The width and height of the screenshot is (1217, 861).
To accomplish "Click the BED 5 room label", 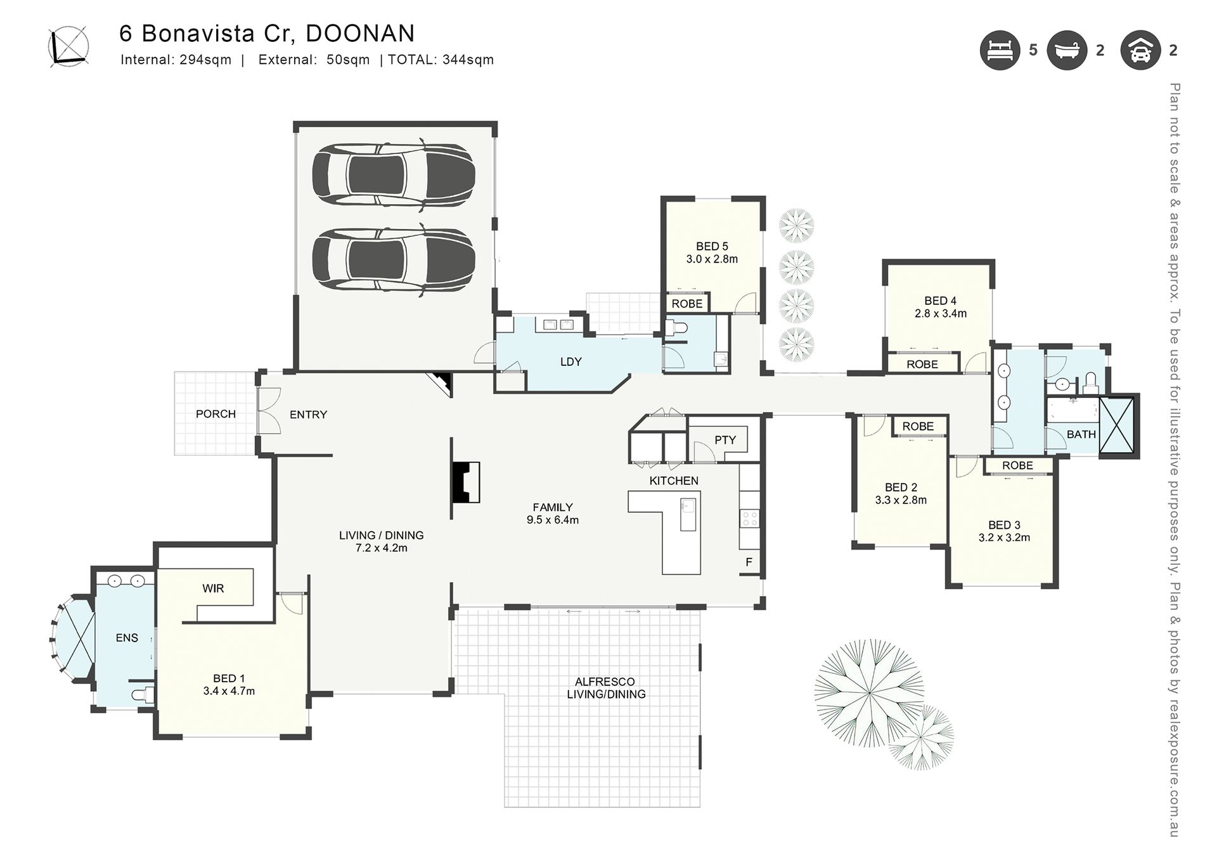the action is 712,246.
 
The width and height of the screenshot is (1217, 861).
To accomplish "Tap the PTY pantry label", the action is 725,439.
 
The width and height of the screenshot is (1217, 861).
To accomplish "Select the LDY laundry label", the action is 570,361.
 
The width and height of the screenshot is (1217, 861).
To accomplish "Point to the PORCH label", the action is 216,414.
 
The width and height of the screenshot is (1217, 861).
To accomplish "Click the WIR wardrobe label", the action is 213,588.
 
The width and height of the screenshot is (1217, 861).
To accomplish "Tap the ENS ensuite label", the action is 127,638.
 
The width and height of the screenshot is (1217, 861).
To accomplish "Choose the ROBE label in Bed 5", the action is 687,304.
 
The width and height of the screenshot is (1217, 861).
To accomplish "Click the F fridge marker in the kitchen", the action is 749,562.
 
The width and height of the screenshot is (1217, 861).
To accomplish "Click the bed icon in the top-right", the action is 1000,50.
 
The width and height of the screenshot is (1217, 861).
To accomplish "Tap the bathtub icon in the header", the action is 1067,50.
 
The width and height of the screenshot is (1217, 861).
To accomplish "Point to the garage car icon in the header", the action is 1140,50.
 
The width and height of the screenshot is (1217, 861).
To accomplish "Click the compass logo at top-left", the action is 68,46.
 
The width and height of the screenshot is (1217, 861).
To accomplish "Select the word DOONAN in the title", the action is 360,34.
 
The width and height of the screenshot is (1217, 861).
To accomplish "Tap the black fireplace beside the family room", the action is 465,482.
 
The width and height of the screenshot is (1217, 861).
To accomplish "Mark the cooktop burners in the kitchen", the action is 749,518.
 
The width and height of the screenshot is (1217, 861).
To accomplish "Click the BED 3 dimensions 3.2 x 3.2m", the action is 1004,538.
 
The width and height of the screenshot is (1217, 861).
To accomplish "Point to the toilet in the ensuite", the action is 143,694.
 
